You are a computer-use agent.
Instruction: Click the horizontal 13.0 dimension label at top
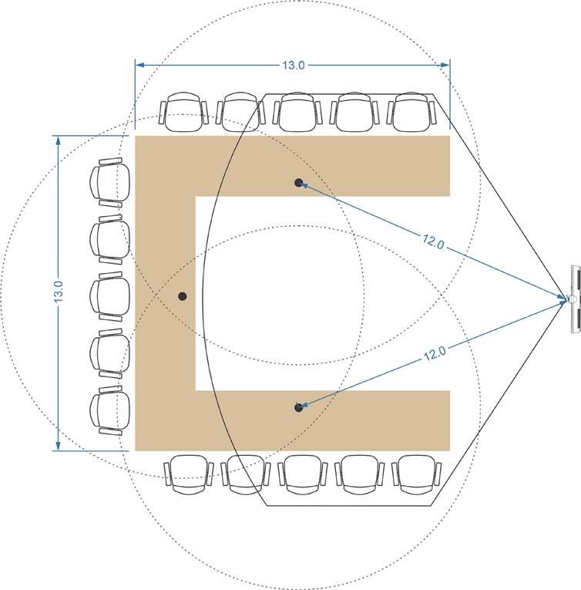point(292,66)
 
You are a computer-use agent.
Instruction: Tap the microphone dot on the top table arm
point(299,183)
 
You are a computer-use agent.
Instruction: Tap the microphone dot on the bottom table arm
point(299,406)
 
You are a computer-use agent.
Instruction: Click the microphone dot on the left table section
point(182,296)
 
